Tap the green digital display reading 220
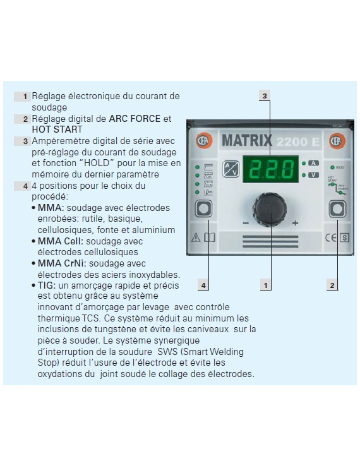tap(271, 169)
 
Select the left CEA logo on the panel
tap(203, 141)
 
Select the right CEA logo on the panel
tap(336, 141)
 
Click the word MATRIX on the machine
tap(247, 140)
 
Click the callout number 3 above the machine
tap(265, 95)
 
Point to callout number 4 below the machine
tap(203, 285)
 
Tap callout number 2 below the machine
tap(333, 285)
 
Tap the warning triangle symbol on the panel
tap(195, 238)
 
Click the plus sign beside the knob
tap(295, 224)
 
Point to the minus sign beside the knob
tap(246, 224)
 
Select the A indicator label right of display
tap(313, 163)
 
